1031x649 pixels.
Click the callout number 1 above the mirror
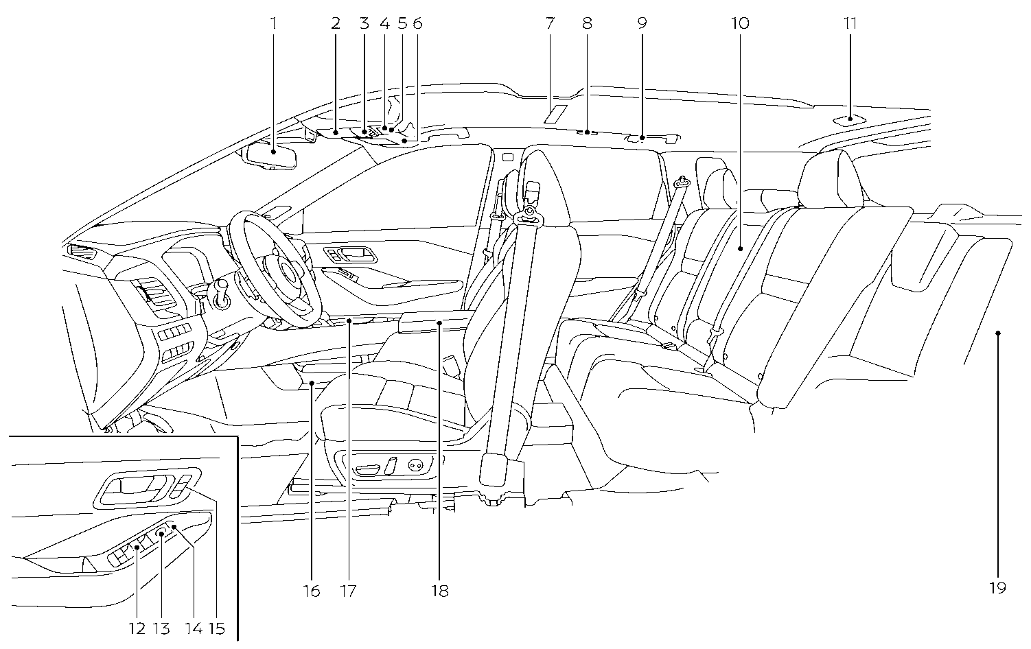click(x=273, y=23)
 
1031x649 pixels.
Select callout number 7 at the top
click(x=550, y=23)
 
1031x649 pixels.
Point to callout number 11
click(x=850, y=23)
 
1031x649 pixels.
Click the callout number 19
click(x=997, y=588)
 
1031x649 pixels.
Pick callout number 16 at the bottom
click(x=312, y=591)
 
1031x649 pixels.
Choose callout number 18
click(x=440, y=591)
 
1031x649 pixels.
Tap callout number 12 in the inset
click(x=137, y=628)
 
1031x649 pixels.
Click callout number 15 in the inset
click(x=216, y=628)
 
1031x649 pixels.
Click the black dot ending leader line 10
click(x=740, y=249)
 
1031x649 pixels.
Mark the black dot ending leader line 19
click(x=997, y=333)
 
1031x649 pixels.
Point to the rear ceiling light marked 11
click(x=850, y=119)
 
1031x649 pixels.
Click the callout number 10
click(x=740, y=23)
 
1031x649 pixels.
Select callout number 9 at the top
click(x=642, y=23)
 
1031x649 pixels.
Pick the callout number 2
click(x=335, y=23)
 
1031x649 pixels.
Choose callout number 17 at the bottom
click(x=348, y=591)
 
